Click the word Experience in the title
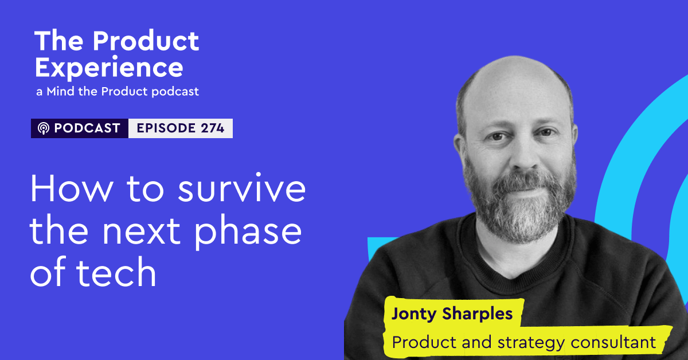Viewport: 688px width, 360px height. click(x=109, y=68)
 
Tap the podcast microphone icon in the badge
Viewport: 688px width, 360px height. click(x=44, y=128)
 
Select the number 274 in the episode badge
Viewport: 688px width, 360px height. click(x=213, y=128)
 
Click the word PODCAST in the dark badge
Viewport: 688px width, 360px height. click(x=87, y=128)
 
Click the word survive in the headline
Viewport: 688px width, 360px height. click(x=242, y=188)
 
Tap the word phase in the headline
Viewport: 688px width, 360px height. click(x=248, y=232)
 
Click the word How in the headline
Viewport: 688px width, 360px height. click(x=72, y=188)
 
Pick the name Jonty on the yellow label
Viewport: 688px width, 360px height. click(x=414, y=314)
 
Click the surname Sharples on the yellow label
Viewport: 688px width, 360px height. click(x=477, y=314)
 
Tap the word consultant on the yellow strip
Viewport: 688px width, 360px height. click(x=613, y=342)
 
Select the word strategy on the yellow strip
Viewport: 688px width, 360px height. click(x=531, y=342)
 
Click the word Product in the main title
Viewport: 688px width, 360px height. click(x=146, y=41)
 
